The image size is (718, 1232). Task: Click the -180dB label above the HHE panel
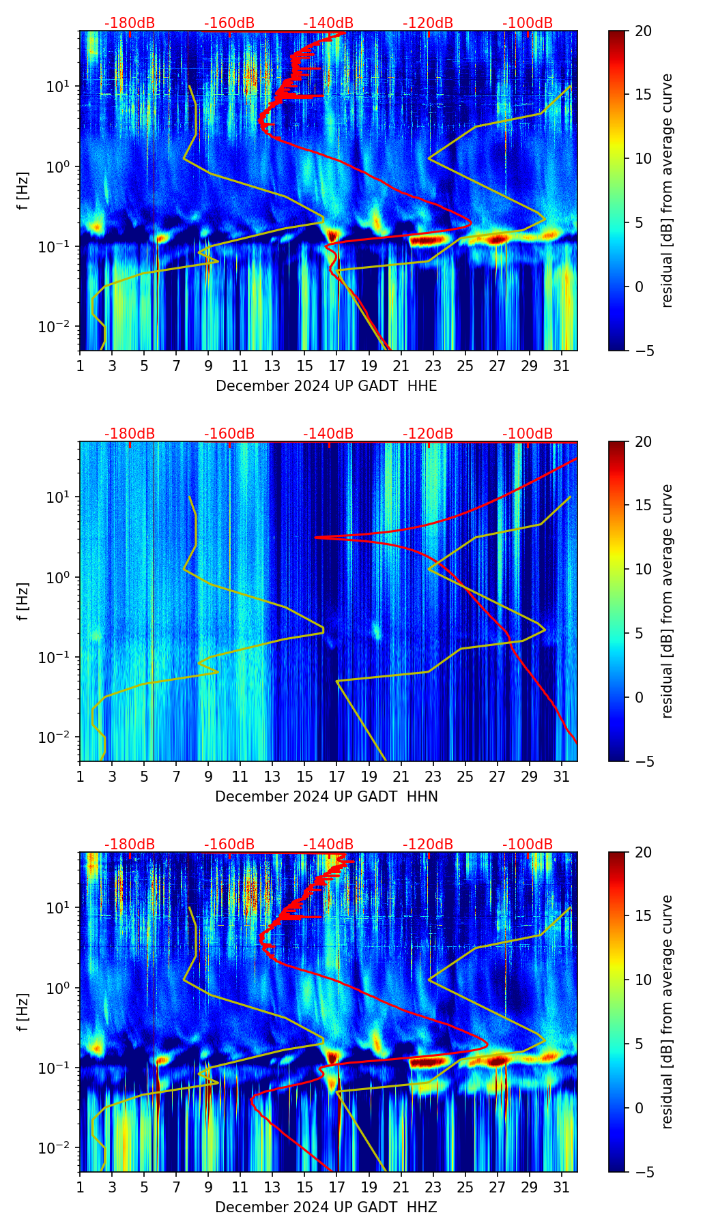click(x=130, y=23)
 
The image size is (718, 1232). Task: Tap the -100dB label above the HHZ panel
click(x=528, y=845)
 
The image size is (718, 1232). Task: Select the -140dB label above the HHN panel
click(x=328, y=434)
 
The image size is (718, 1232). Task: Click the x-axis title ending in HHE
click(x=326, y=386)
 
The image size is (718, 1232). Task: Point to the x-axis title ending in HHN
click(x=326, y=797)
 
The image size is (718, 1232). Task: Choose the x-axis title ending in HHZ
click(x=326, y=1207)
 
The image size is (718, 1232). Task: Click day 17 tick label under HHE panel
click(x=336, y=366)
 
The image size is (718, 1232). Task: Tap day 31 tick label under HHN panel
click(x=561, y=776)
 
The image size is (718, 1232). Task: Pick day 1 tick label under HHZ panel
click(x=80, y=1187)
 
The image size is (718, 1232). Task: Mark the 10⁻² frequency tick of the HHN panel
click(x=59, y=737)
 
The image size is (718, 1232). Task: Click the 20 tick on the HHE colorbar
click(x=644, y=31)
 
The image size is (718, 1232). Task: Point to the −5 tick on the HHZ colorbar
click(x=644, y=1172)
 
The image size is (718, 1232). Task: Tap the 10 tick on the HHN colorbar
click(x=644, y=569)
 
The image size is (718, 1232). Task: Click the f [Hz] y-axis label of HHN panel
click(x=23, y=601)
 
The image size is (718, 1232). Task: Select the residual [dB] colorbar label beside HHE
click(x=667, y=190)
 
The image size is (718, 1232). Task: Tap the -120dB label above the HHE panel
click(x=428, y=23)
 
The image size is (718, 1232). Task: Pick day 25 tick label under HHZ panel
click(x=465, y=1187)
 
